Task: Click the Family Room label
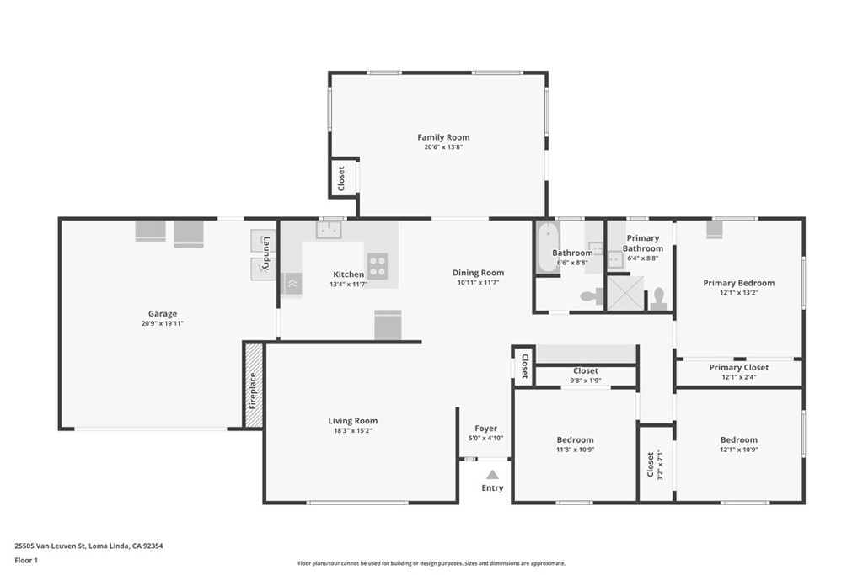(x=443, y=137)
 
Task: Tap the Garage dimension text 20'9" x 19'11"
(x=163, y=323)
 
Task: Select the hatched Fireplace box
(x=254, y=385)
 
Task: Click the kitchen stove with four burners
(x=378, y=266)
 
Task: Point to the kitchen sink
(x=329, y=229)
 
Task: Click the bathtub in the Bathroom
(x=548, y=248)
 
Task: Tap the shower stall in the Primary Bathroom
(x=625, y=293)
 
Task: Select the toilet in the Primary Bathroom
(x=658, y=299)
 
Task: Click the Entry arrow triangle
(x=492, y=475)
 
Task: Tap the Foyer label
(x=486, y=429)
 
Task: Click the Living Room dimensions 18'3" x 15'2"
(x=352, y=430)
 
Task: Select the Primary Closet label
(x=738, y=367)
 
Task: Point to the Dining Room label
(x=479, y=273)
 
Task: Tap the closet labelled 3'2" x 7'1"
(x=656, y=463)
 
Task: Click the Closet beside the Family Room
(x=342, y=178)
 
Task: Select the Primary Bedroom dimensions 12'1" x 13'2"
(x=738, y=292)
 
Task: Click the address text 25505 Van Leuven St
(x=50, y=546)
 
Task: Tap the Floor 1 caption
(x=26, y=560)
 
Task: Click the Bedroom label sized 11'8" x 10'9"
(x=575, y=439)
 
